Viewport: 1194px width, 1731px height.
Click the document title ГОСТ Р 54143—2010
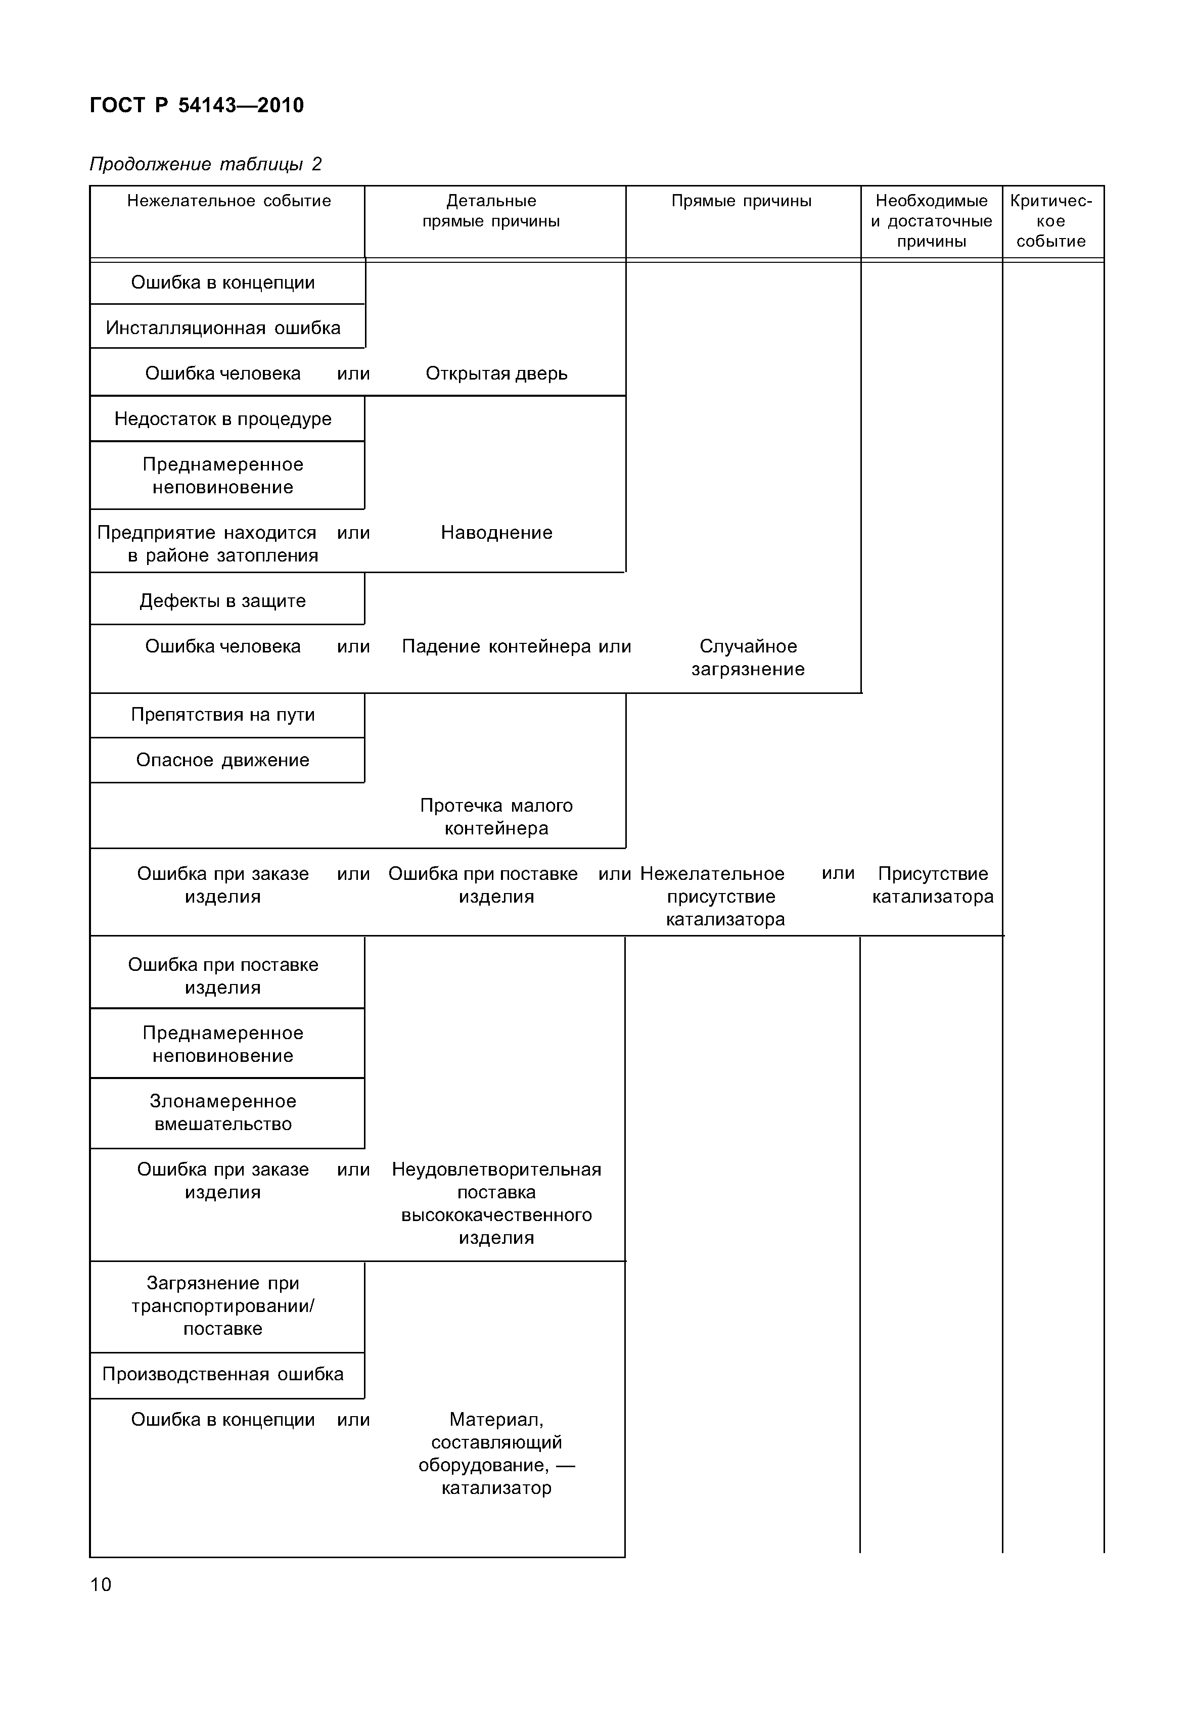click(x=197, y=106)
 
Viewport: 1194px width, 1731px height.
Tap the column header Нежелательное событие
click(x=228, y=201)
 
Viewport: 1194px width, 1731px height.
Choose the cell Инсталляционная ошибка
click(x=223, y=328)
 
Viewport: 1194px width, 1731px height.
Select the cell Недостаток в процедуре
click(x=223, y=419)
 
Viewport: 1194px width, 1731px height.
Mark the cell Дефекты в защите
click(x=223, y=601)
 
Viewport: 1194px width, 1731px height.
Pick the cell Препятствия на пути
click(x=223, y=715)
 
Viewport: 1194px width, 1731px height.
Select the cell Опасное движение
click(x=223, y=760)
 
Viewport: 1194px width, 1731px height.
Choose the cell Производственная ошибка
click(x=223, y=1374)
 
